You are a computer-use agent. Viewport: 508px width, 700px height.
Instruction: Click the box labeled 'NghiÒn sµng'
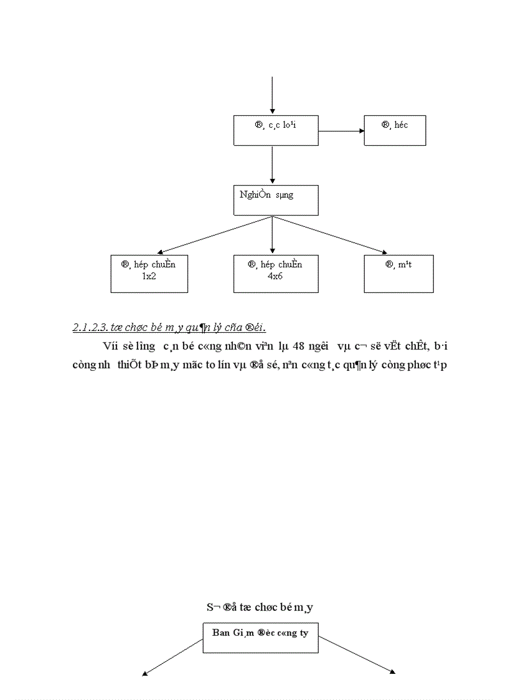[272, 200]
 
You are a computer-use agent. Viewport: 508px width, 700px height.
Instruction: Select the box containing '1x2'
[149, 273]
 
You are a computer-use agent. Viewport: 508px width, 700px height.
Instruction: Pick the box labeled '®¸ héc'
[395, 130]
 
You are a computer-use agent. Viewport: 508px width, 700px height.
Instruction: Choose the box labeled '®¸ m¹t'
[398, 273]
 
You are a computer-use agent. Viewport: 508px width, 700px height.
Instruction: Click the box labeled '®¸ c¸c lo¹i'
[275, 130]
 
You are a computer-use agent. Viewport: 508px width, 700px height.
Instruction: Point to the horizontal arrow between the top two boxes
[341, 131]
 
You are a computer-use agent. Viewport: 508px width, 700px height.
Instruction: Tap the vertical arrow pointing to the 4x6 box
[272, 236]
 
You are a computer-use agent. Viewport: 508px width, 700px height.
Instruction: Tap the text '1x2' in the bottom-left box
[149, 275]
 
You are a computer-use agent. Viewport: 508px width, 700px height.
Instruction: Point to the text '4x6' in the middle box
[275, 275]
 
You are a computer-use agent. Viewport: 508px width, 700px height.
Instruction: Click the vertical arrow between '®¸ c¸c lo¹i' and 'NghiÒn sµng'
[272, 165]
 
